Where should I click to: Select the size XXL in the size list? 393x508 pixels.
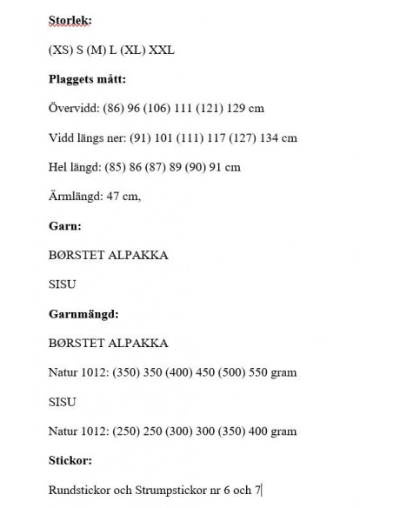(x=163, y=50)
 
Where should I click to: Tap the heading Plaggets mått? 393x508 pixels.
(x=87, y=79)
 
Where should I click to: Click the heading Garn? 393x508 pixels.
(x=65, y=225)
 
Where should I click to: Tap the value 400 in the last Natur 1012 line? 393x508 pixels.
(x=261, y=431)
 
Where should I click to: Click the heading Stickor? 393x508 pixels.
(x=70, y=460)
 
